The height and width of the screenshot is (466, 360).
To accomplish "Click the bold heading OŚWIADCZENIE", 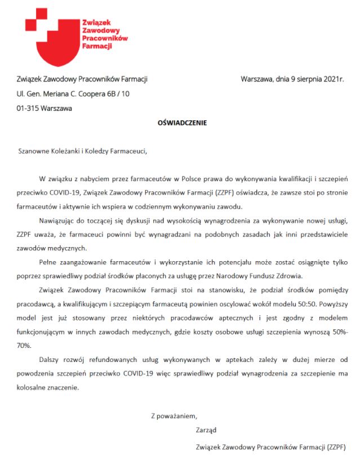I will (x=182, y=122).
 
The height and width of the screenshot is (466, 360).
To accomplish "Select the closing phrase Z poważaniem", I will (x=174, y=416).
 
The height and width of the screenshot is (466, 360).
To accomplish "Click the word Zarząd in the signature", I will (x=206, y=431).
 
